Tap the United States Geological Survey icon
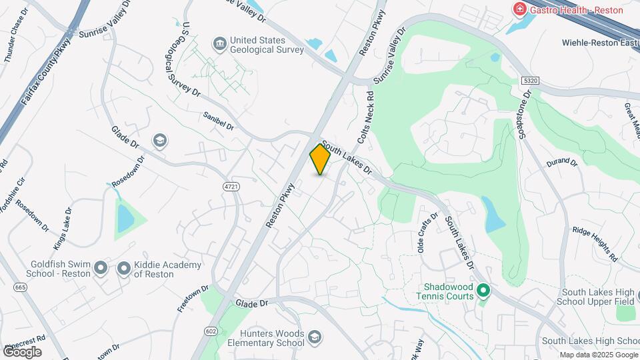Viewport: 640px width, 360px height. [x=219, y=45]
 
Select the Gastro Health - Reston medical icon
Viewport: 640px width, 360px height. [x=518, y=9]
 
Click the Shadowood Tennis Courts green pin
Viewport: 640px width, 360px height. [x=484, y=291]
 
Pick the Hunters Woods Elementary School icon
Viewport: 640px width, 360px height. [x=315, y=339]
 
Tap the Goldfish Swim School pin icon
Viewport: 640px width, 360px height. [x=101, y=269]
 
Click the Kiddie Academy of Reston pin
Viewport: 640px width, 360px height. [x=123, y=269]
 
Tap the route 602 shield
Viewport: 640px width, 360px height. [x=211, y=331]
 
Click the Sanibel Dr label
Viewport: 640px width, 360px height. [x=219, y=121]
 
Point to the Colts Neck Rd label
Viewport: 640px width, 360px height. [x=366, y=122]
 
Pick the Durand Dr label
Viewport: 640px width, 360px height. [x=561, y=162]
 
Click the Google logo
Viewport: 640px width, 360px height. [x=22, y=351]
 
